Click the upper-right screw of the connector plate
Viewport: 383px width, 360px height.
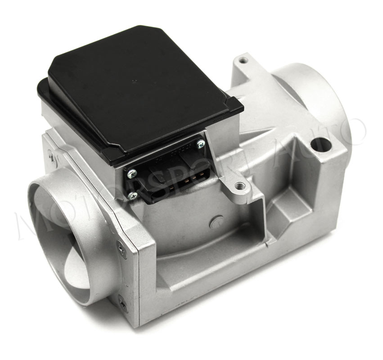coord(201,144)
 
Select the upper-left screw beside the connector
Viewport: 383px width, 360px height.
coord(132,173)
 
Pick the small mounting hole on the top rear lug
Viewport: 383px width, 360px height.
coord(242,59)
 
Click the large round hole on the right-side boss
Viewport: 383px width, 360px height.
coord(321,145)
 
